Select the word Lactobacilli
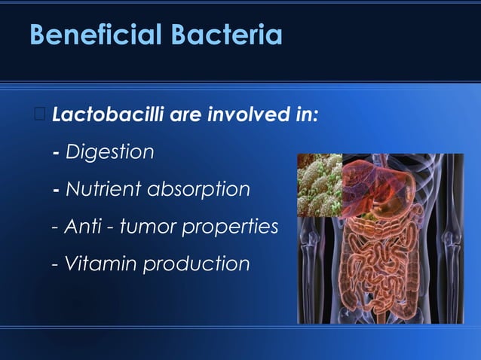click(x=108, y=117)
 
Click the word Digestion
click(x=110, y=152)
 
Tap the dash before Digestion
click(x=57, y=153)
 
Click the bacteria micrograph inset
click(x=320, y=185)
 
